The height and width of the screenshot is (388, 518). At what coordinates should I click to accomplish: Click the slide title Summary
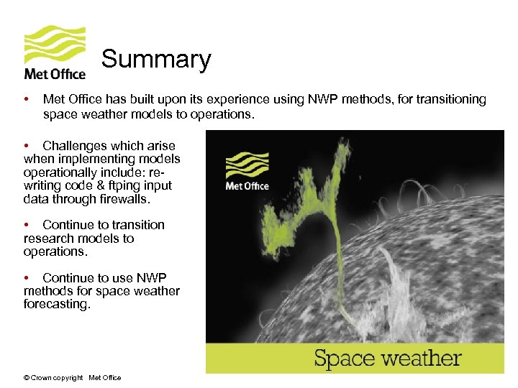(x=156, y=59)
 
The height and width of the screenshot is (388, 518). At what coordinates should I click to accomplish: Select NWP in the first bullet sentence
(x=335, y=99)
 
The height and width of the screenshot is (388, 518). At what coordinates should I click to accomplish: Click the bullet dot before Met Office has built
(x=26, y=99)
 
